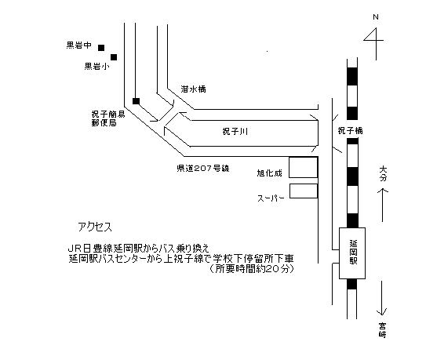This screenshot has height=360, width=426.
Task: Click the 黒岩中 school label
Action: pyautogui.click(x=78, y=45)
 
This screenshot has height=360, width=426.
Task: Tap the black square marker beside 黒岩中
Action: pyautogui.click(x=101, y=48)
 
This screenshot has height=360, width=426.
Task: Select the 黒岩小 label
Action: pyautogui.click(x=97, y=66)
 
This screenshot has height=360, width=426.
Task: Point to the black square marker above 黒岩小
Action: pyautogui.click(x=114, y=57)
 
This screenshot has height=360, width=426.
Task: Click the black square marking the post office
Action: pyautogui.click(x=136, y=101)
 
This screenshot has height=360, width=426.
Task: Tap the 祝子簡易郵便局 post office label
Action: pyautogui.click(x=108, y=118)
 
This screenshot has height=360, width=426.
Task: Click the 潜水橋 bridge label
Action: pyautogui.click(x=193, y=89)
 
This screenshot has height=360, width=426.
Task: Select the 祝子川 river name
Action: pyautogui.click(x=235, y=132)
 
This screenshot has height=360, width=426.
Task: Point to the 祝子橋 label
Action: pyautogui.click(x=350, y=131)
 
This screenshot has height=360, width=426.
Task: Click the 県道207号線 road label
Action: pyautogui.click(x=203, y=169)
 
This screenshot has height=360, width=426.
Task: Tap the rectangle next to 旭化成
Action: pyautogui.click(x=303, y=167)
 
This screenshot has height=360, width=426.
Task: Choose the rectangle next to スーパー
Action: pyautogui.click(x=304, y=191)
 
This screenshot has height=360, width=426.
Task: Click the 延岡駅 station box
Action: pyautogui.click(x=352, y=253)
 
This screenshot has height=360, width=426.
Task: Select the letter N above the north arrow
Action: pyautogui.click(x=376, y=16)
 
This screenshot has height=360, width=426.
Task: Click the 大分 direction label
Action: pyautogui.click(x=383, y=174)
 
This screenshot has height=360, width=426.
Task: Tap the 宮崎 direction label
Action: pyautogui.click(x=383, y=330)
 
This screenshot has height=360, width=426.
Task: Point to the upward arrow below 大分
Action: pyautogui.click(x=383, y=205)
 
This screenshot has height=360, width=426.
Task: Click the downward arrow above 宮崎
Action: pyautogui.click(x=382, y=298)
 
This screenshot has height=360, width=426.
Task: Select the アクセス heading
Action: pyautogui.click(x=95, y=227)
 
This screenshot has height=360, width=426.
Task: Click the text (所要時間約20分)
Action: pyautogui.click(x=252, y=269)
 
